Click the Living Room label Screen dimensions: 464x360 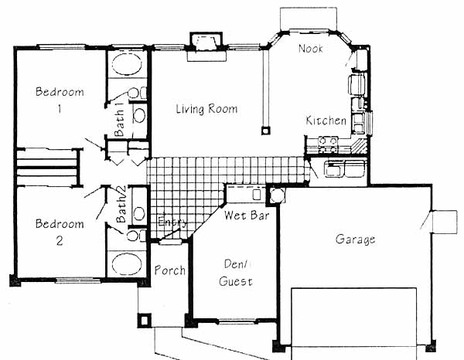pos(206,109)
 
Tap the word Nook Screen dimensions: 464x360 pos(310,49)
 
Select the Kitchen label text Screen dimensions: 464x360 pos(326,121)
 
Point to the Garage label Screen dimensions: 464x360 pos(356,239)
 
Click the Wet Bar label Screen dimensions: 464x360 pos(247,216)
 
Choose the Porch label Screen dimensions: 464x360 pos(170,270)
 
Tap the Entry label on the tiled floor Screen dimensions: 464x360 pos(172,222)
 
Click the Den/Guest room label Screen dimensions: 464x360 pos(236,273)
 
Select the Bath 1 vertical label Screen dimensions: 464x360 pos(119,123)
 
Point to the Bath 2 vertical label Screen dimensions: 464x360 pos(121,204)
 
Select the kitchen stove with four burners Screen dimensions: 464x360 pos(328,144)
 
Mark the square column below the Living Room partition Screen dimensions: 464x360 pos(265,131)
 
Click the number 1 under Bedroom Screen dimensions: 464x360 pos(60,110)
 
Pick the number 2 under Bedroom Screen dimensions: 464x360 pos(60,241)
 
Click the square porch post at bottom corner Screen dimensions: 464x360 pos(144,320)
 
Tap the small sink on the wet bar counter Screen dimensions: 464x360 pos(257,194)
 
